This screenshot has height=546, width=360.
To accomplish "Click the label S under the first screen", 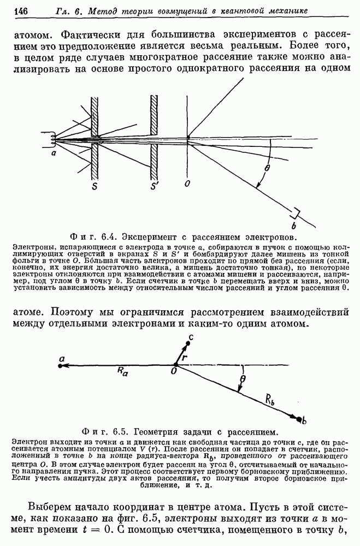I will pyautogui.click(x=96, y=186).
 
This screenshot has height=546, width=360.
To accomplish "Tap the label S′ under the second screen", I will pyautogui.click(x=155, y=186).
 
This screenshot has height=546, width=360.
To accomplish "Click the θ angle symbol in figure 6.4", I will pyautogui.click(x=267, y=169).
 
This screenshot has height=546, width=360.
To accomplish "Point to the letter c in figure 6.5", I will pyautogui.click(x=190, y=337).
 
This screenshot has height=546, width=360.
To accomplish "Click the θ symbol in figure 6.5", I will pyautogui.click(x=243, y=377).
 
